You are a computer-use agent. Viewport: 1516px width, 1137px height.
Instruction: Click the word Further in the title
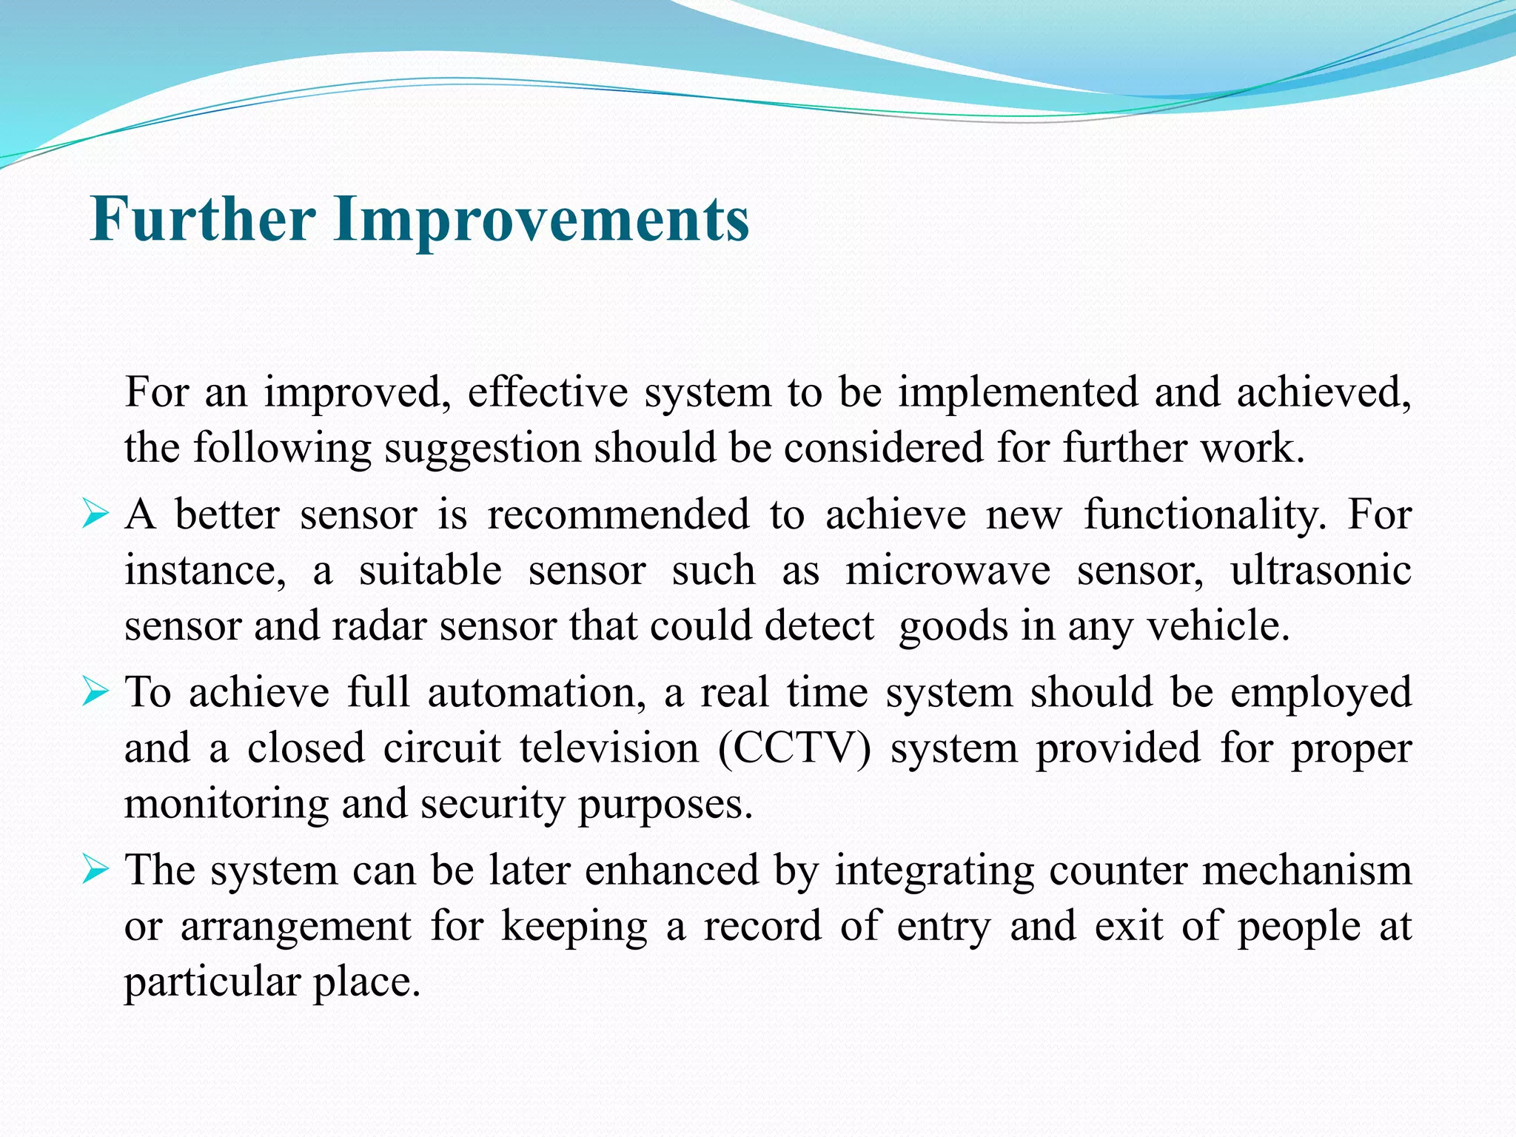(203, 220)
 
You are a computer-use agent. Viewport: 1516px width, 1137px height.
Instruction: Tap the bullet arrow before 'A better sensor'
(95, 513)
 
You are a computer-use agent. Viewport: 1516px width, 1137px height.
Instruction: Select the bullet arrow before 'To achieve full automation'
(95, 691)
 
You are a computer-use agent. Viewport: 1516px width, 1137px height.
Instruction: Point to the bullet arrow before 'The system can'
(95, 869)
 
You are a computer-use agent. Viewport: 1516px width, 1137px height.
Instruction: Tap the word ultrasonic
(1321, 571)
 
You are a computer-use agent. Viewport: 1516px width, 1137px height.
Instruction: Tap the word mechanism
(1307, 871)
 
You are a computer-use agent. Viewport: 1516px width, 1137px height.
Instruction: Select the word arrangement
(295, 927)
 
